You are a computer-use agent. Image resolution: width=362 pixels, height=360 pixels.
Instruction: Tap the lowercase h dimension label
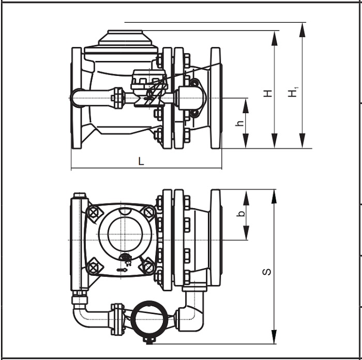click(x=239, y=124)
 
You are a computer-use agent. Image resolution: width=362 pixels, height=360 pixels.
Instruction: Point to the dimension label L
click(x=141, y=161)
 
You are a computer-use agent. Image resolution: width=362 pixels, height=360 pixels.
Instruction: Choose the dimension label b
click(x=239, y=214)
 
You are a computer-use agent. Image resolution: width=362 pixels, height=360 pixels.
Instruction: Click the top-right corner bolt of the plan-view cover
click(x=149, y=212)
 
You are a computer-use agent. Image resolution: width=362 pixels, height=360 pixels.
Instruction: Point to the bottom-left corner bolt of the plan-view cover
click(x=93, y=267)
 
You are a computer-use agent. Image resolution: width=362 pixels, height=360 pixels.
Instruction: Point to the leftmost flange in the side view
click(x=77, y=98)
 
